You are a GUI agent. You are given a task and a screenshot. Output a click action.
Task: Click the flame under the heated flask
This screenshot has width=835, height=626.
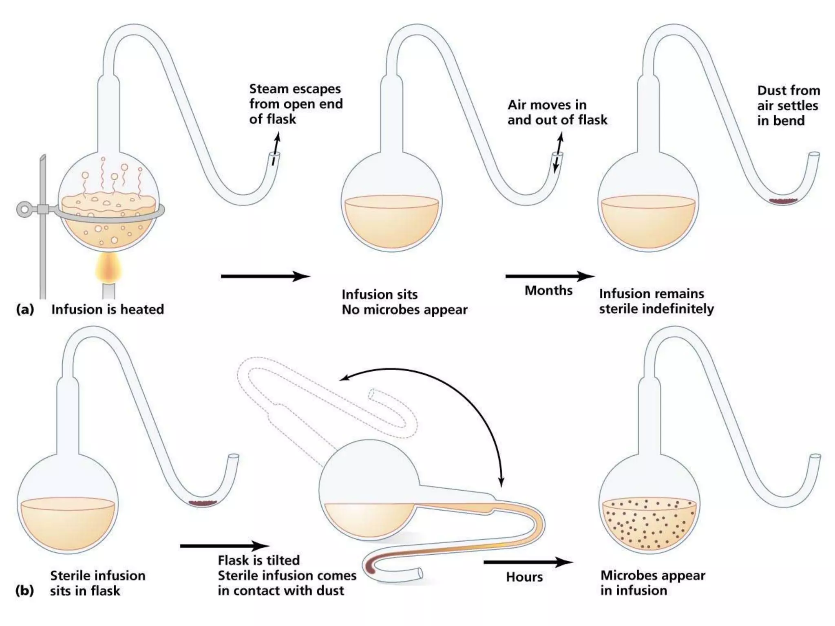tap(108, 267)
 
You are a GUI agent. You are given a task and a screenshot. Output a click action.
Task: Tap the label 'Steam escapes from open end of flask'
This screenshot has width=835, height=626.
tap(296, 104)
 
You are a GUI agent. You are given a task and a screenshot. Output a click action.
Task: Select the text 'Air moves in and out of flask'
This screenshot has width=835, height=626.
tap(557, 112)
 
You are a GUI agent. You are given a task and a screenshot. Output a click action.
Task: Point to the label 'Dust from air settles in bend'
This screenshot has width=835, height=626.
tap(788, 106)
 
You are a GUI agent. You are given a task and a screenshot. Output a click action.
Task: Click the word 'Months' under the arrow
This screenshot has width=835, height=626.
tap(548, 291)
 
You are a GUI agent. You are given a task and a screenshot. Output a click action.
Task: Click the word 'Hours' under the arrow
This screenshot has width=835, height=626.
tap(524, 577)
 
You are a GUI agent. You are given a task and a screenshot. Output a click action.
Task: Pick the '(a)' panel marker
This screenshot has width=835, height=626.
tap(25, 309)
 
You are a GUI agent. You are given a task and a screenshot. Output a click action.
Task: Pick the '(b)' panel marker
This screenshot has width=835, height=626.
tap(24, 591)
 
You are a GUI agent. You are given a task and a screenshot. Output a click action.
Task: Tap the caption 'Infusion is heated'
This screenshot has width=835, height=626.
tap(108, 309)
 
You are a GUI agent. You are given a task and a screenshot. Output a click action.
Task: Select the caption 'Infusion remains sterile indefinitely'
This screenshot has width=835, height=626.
tap(656, 301)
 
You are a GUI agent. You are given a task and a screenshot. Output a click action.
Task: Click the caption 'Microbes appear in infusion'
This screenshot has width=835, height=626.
tap(652, 583)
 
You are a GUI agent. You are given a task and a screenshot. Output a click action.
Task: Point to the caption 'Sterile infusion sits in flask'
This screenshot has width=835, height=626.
tap(97, 583)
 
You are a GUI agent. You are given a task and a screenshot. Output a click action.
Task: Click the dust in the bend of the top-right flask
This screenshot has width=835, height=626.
tap(783, 201)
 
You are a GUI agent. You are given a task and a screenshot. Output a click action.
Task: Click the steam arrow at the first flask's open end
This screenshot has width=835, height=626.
tap(276, 147)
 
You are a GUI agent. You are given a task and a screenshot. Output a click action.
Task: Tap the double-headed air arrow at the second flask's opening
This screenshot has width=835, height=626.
tap(558, 153)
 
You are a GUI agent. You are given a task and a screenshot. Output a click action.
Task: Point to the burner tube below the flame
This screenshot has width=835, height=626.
tap(108, 291)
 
